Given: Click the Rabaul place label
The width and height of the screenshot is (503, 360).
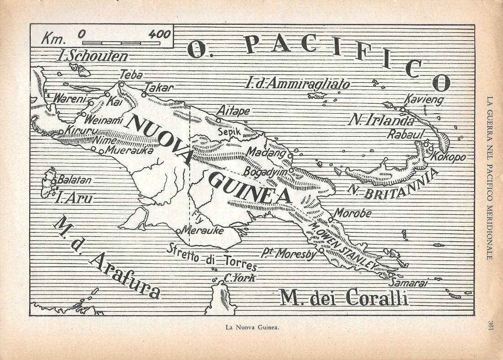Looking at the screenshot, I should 406,134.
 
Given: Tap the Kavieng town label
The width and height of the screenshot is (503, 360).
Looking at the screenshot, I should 423,100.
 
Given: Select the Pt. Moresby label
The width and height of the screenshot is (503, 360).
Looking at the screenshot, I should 289,254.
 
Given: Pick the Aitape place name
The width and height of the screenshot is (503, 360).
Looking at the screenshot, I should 233,111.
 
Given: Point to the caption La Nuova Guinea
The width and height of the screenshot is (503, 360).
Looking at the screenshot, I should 251,327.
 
